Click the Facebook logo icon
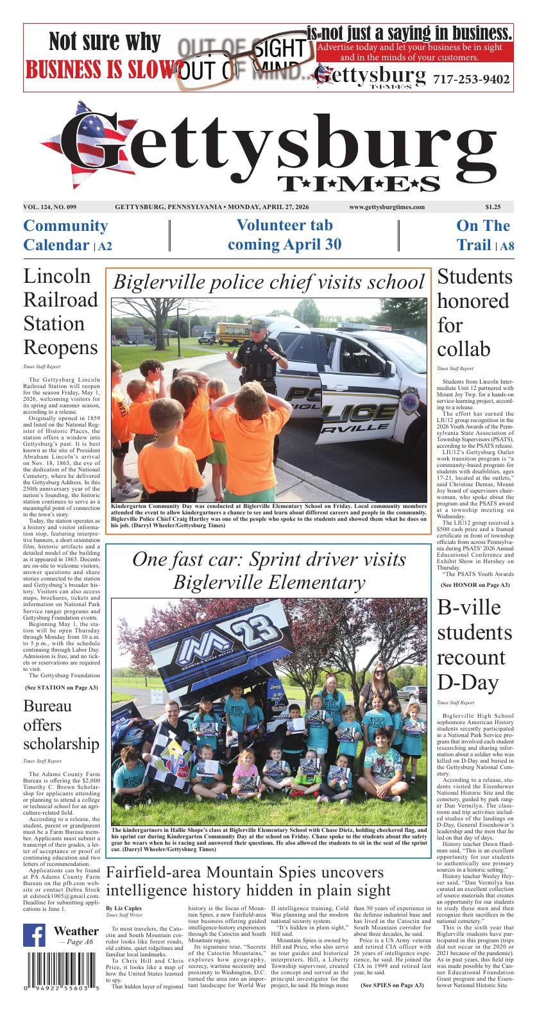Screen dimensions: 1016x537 (x=35, y=935)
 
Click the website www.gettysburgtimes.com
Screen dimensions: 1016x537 (x=386, y=207)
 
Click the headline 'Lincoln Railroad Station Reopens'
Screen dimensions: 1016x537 (x=61, y=312)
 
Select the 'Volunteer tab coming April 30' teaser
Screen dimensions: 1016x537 (x=284, y=235)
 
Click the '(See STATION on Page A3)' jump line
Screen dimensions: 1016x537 (x=61, y=687)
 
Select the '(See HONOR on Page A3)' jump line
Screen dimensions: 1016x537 (x=475, y=585)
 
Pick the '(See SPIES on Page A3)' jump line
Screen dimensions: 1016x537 (x=391, y=985)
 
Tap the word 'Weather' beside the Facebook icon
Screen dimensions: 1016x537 (x=76, y=931)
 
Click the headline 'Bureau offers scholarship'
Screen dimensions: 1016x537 (x=61, y=725)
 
